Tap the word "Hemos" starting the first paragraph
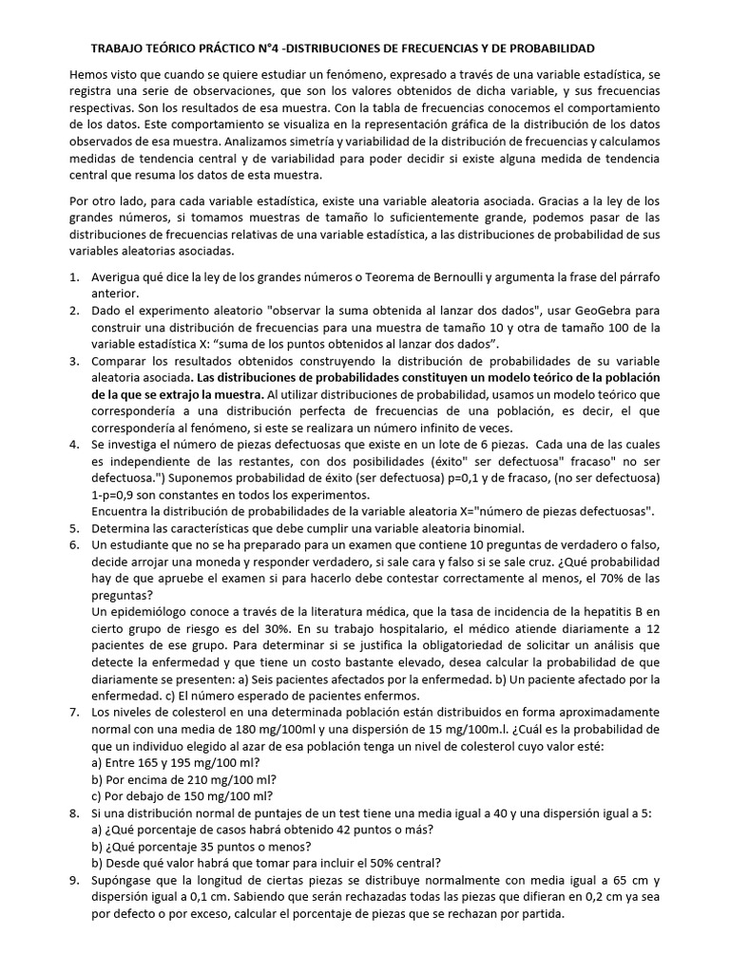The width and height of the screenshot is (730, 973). (88, 74)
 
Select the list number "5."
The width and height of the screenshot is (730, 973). (75, 528)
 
